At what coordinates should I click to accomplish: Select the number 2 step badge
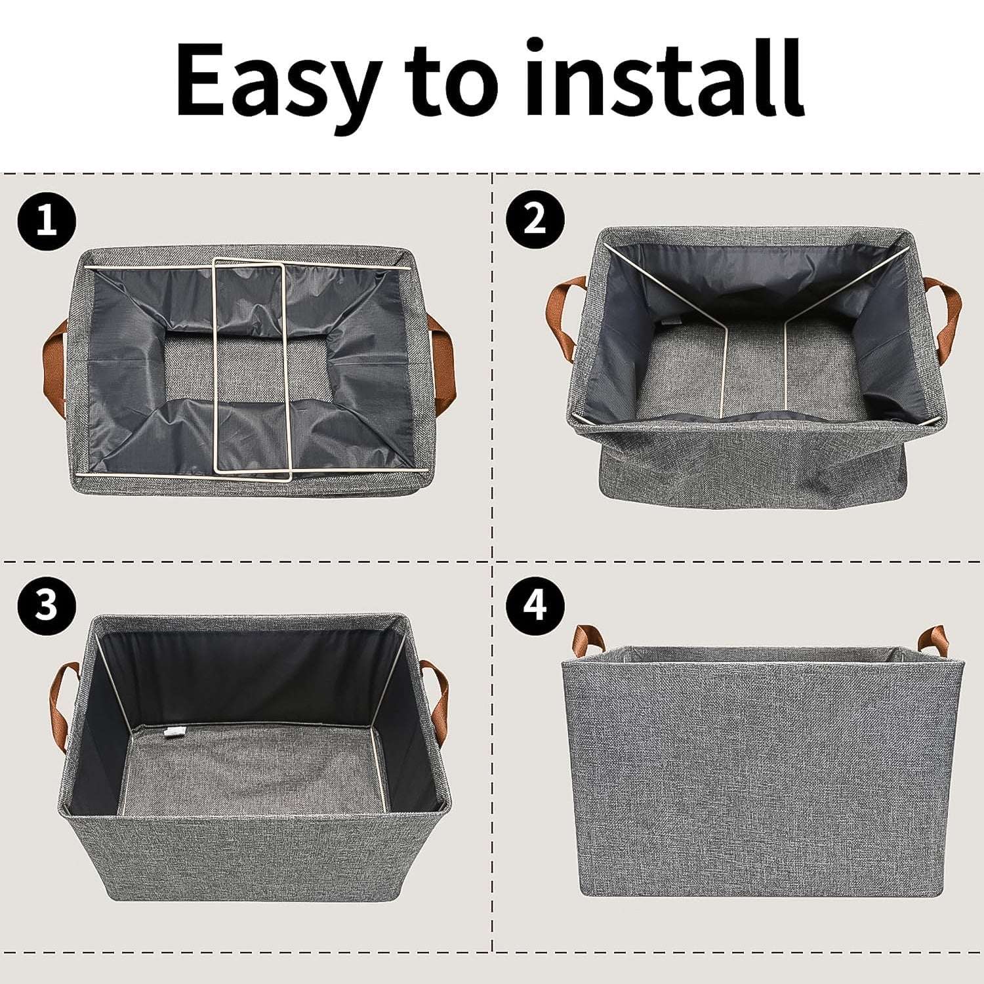pyautogui.click(x=535, y=220)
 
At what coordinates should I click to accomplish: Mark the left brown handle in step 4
pyautogui.click(x=582, y=640)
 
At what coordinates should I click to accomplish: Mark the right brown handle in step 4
pyautogui.click(x=930, y=640)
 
